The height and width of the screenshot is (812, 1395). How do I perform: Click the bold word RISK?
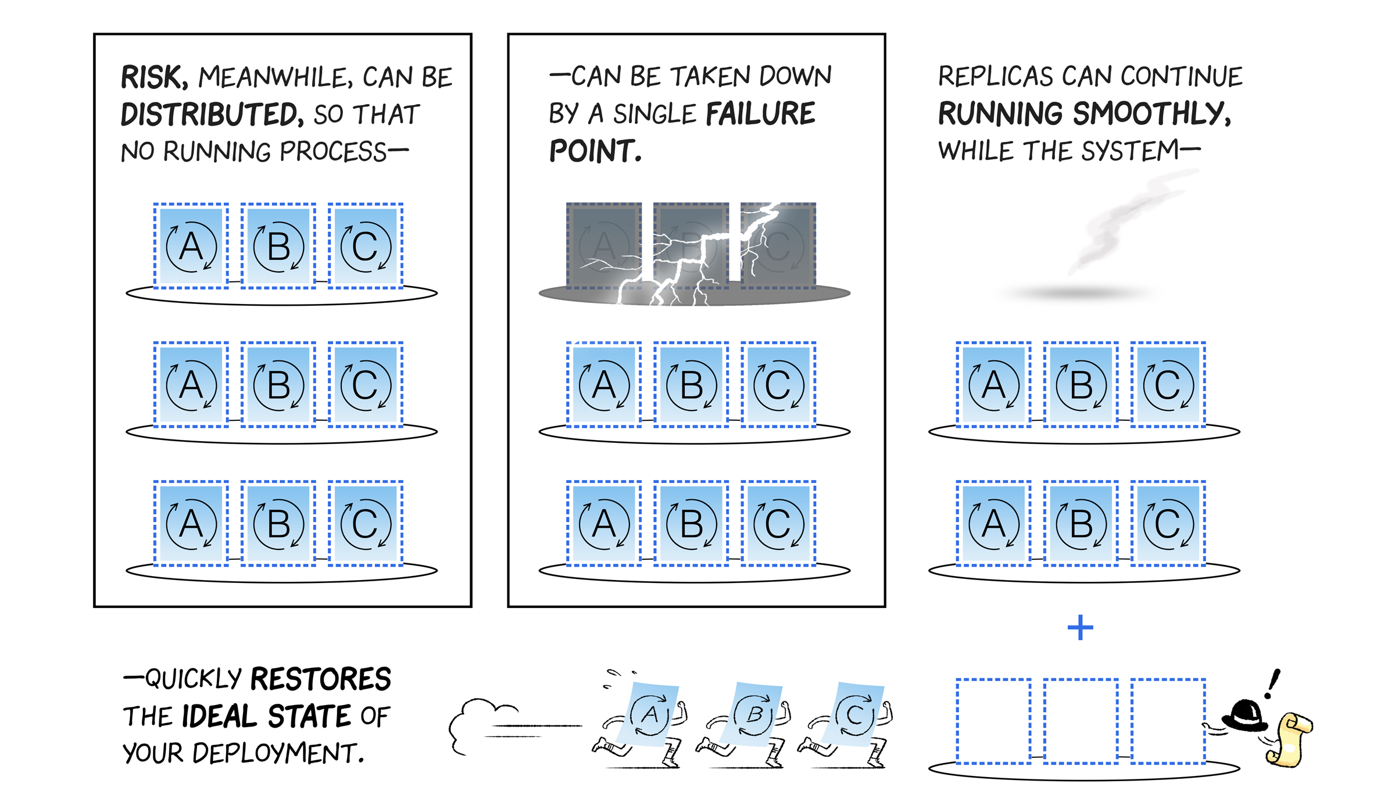pyautogui.click(x=153, y=77)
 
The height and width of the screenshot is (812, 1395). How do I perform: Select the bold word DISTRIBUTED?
pyautogui.click(x=211, y=114)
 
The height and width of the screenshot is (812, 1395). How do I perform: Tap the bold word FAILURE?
pyautogui.click(x=760, y=114)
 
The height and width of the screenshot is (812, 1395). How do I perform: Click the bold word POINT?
pyautogui.click(x=595, y=152)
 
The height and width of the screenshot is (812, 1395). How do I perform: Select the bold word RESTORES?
pyautogui.click(x=320, y=679)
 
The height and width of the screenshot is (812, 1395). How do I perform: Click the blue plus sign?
pyautogui.click(x=1080, y=628)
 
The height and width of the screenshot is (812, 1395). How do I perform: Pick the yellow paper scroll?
pyautogui.click(x=1289, y=739)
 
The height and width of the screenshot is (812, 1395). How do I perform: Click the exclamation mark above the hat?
pyautogui.click(x=1274, y=682)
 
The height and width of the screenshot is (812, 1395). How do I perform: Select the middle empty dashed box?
pyautogui.click(x=1081, y=721)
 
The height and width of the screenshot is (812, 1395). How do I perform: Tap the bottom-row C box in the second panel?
pyautogui.click(x=778, y=523)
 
